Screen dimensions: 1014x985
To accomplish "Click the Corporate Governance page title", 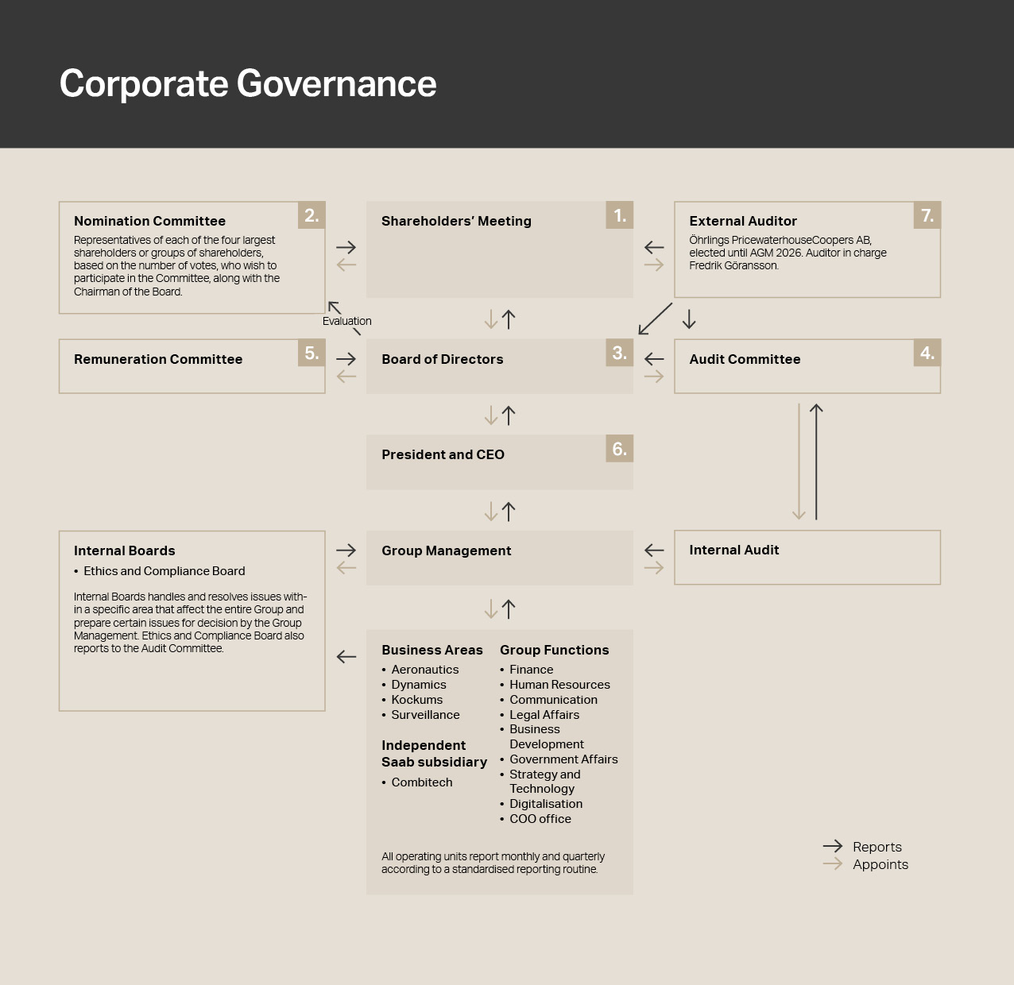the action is [x=248, y=83].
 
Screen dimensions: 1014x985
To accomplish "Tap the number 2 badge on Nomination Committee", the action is [x=312, y=215].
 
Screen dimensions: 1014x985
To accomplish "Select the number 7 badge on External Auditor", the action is [x=927, y=215].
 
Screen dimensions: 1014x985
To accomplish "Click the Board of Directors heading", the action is [x=442, y=359].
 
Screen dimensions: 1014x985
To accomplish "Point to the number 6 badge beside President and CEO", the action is [x=619, y=449].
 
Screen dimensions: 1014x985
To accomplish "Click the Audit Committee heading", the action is [x=745, y=359].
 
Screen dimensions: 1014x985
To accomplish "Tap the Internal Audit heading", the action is [x=733, y=550].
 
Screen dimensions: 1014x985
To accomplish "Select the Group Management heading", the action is [x=446, y=550].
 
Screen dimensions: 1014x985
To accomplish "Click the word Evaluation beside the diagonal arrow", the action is [x=346, y=321].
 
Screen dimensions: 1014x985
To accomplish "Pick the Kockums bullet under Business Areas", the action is [x=416, y=700].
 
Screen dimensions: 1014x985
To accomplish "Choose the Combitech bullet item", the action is [x=421, y=782].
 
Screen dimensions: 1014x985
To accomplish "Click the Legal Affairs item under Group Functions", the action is [x=544, y=715].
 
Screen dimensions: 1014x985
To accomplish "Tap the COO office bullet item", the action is [x=540, y=819].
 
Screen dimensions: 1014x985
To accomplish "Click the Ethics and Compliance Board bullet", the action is [x=164, y=571].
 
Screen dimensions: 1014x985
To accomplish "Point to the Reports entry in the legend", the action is [x=877, y=847].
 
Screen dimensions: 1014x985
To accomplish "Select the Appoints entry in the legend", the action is [x=880, y=864].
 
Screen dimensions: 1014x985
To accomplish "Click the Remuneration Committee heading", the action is [x=158, y=359].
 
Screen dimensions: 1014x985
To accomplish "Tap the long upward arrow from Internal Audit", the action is [x=816, y=462].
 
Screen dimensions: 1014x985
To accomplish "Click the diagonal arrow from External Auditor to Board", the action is [x=656, y=319].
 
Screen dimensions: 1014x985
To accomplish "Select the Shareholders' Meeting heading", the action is [x=456, y=221].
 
